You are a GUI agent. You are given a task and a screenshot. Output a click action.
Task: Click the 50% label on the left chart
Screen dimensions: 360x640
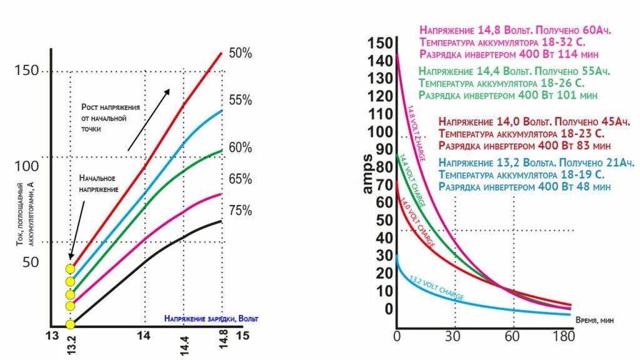coord(240,54)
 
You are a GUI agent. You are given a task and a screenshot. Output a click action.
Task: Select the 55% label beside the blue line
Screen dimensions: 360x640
coord(240,100)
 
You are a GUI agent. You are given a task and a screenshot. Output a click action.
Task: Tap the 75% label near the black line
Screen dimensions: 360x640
coord(240,211)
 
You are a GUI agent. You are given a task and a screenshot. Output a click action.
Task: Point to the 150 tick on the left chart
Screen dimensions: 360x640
coord(26,71)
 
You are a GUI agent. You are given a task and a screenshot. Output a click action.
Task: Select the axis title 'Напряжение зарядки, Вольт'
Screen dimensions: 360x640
coord(211,319)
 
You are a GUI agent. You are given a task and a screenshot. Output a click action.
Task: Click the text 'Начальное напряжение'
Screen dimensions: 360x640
coord(99,183)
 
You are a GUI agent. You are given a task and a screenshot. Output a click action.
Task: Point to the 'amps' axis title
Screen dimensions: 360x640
coord(367,174)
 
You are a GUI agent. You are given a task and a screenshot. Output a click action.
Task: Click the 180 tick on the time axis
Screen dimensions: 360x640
coord(564,337)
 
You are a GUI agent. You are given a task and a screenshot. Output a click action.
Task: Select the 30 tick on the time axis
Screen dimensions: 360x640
coord(455,337)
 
